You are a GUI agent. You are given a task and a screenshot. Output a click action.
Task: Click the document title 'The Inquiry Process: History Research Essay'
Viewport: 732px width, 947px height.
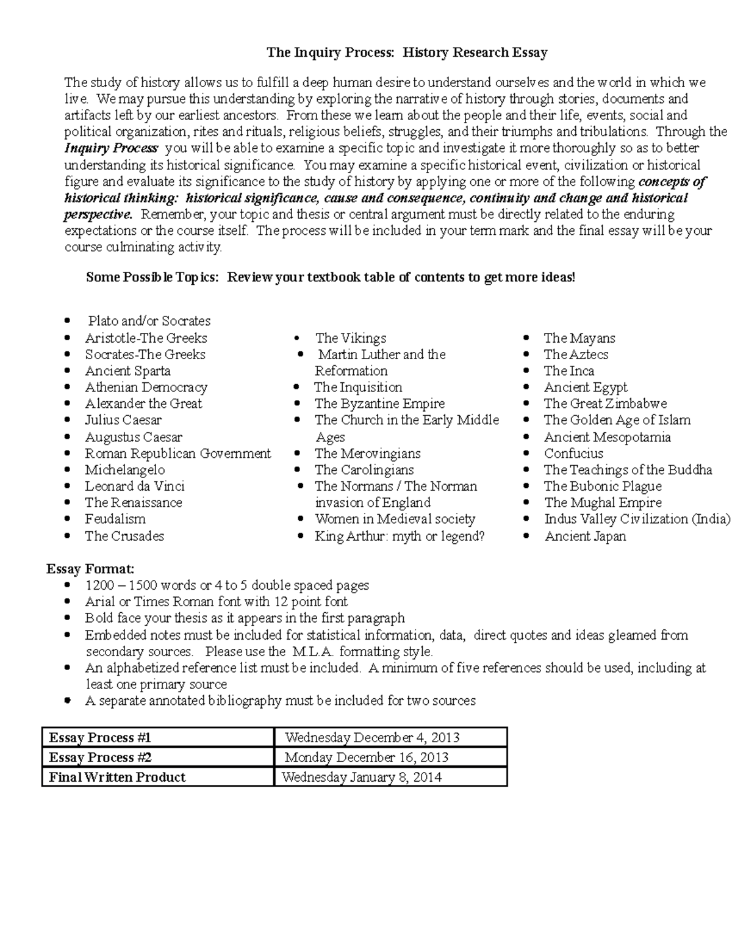[x=407, y=52]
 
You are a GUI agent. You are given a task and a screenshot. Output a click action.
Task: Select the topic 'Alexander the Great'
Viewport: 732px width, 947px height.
[x=143, y=404]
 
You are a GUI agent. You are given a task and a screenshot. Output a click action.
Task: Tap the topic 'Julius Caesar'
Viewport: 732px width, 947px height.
[x=123, y=420]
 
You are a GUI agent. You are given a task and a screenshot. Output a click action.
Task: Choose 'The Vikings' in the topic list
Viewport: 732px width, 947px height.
[x=351, y=338]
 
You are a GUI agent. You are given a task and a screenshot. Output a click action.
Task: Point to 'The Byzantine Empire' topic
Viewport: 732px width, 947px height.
[x=379, y=404]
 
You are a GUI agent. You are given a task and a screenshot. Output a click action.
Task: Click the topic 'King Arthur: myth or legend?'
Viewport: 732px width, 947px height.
[x=400, y=537]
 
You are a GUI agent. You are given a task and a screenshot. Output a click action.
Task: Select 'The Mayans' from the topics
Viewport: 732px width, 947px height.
[x=579, y=338]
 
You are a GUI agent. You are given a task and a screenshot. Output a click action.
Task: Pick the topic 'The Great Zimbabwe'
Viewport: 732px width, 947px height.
[x=605, y=404]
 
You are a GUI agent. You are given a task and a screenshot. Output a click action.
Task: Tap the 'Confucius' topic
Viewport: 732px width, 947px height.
[x=573, y=454]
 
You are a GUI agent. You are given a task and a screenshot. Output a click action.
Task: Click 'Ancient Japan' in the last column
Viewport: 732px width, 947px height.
[x=585, y=537]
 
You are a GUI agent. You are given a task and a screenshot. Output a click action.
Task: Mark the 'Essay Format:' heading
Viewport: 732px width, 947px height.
[x=90, y=569]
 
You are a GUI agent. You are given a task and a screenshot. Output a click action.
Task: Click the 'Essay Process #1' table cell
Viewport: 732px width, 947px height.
[x=99, y=738]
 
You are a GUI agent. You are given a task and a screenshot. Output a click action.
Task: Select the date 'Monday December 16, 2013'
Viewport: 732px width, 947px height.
[x=366, y=757]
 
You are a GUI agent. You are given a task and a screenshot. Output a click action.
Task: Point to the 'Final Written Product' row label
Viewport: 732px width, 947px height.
[x=117, y=777]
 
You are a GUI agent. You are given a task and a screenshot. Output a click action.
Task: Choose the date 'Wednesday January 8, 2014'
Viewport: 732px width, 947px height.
[x=361, y=777]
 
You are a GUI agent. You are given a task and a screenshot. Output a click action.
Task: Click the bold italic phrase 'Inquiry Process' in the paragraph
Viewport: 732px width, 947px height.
[x=111, y=148]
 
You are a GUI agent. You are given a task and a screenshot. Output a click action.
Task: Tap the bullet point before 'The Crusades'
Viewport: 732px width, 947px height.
[x=71, y=537]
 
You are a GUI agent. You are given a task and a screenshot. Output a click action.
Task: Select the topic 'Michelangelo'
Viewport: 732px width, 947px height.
[x=124, y=470]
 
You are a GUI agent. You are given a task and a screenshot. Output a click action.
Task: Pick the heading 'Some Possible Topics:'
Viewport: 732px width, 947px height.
[x=152, y=277]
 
